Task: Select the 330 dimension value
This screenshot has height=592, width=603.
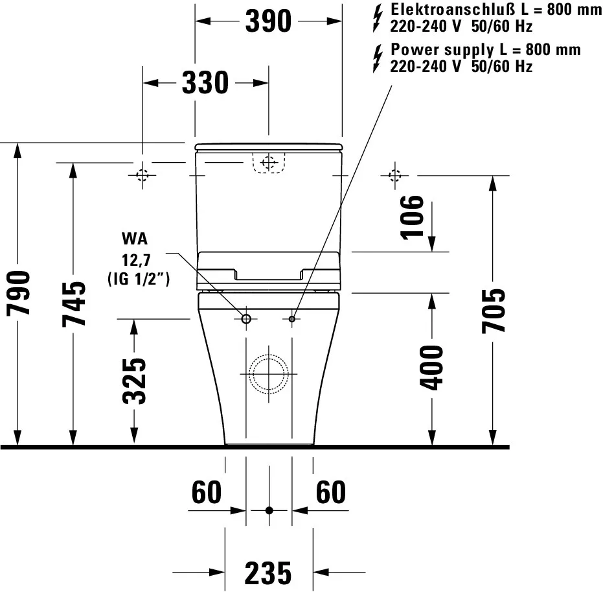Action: point(205,83)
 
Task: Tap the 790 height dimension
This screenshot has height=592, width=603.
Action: point(19,292)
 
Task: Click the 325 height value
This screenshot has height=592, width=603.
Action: point(135,381)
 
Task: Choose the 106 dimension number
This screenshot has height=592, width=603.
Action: point(413,217)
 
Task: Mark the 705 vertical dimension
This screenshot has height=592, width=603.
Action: point(494,311)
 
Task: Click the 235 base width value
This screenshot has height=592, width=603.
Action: point(268,573)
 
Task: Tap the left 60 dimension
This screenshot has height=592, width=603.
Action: point(207,493)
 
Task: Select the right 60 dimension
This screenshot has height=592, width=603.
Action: point(330,493)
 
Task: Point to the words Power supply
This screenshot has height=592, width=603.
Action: point(438,50)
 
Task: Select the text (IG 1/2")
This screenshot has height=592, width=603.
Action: point(137,279)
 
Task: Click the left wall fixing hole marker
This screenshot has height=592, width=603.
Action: point(142,175)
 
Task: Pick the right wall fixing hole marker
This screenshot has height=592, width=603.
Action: point(394,175)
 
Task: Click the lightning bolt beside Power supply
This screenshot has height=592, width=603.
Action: point(377,58)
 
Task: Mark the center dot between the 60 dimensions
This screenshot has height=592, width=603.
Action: point(269,510)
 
